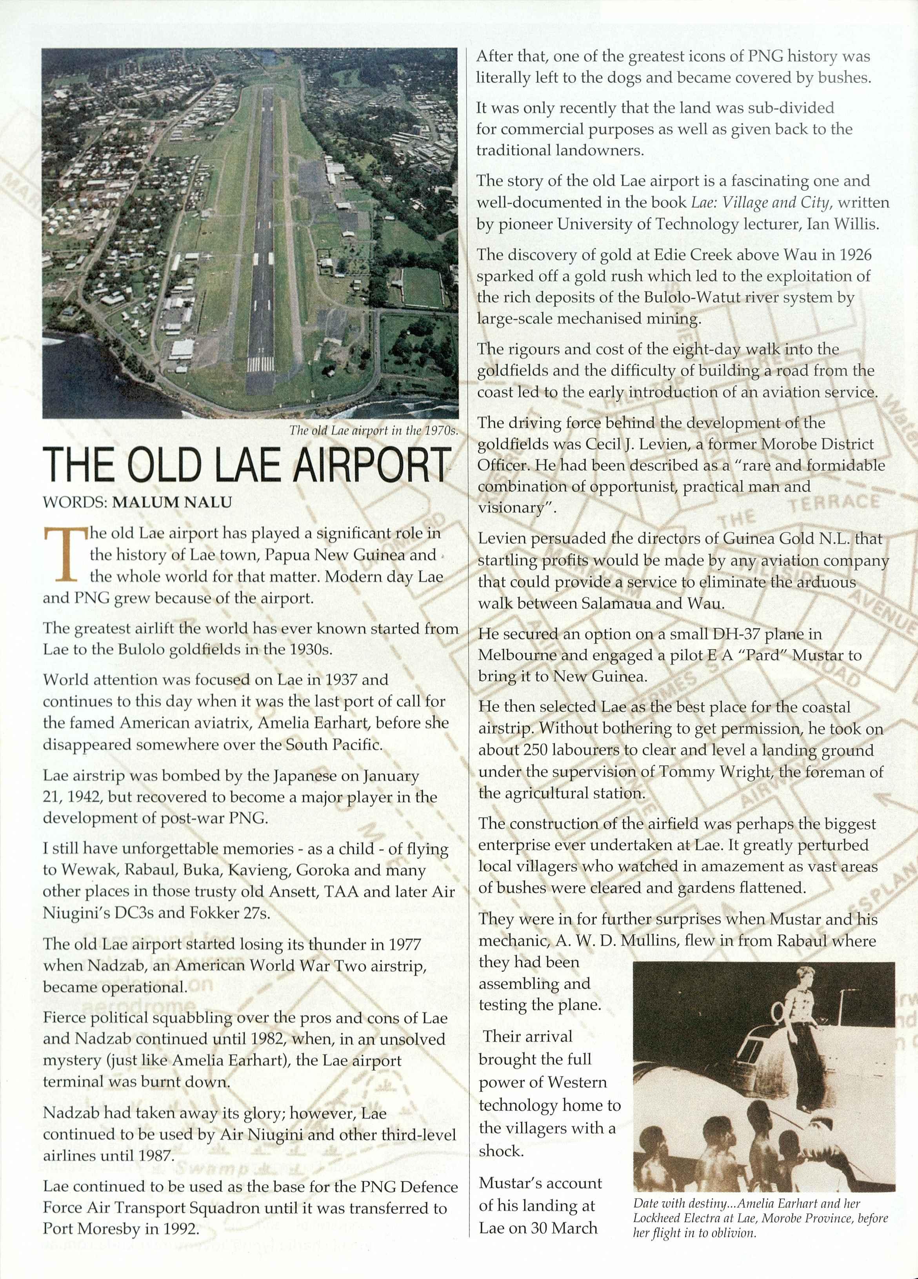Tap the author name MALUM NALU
[x=172, y=503]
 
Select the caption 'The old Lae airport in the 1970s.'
[x=373, y=431]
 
